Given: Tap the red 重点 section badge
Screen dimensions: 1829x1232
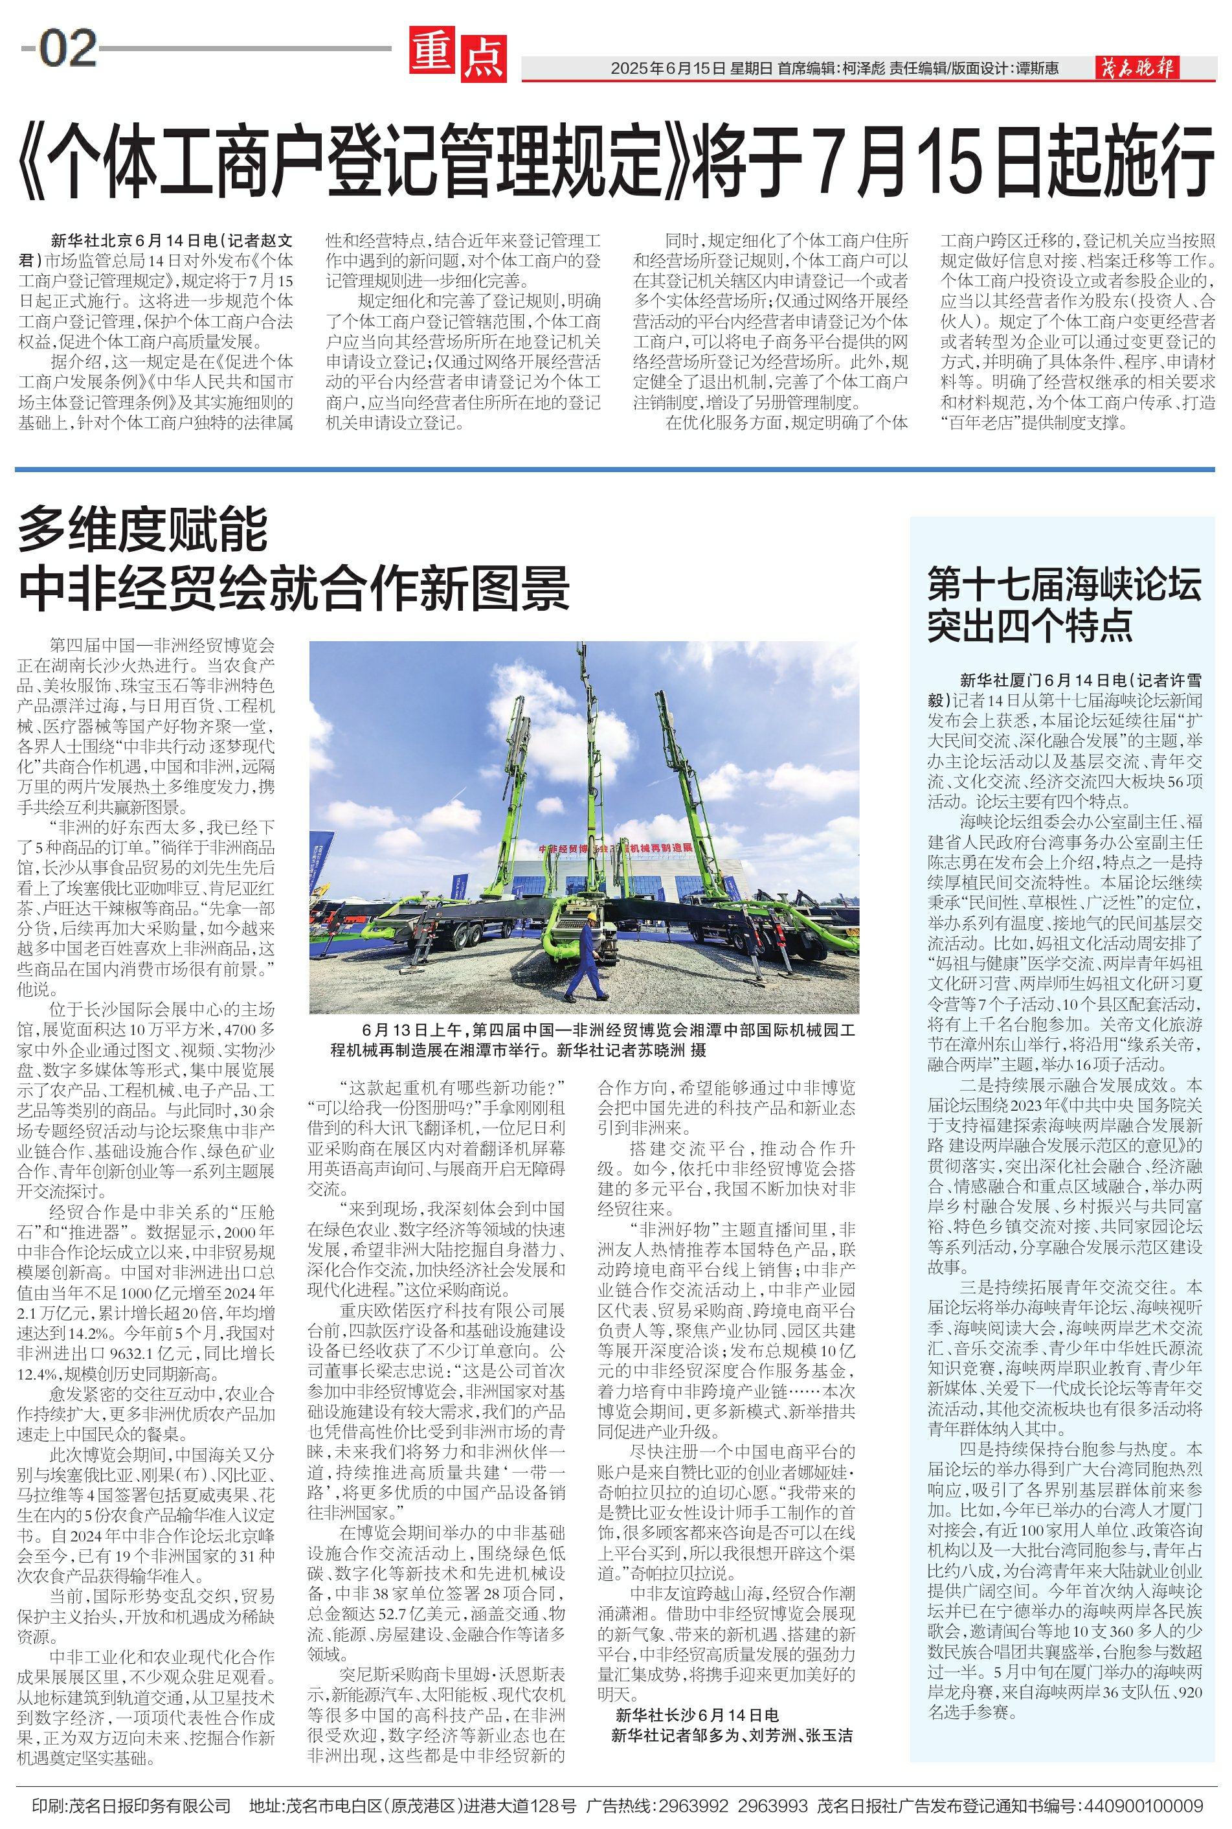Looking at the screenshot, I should (458, 56).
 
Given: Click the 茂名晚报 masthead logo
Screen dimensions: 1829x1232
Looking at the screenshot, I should (1137, 69).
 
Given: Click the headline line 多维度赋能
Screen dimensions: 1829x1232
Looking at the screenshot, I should (143, 530).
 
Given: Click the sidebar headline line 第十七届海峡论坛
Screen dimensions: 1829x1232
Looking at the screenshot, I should (1064, 585).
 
